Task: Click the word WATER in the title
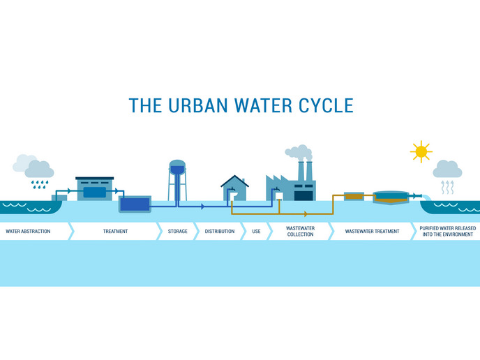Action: [x=263, y=105]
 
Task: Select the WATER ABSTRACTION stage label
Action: [x=28, y=232]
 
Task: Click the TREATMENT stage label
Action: [x=115, y=232]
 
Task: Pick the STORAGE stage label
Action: [x=177, y=232]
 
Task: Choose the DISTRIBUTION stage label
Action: [x=220, y=232]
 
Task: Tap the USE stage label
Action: [x=257, y=232]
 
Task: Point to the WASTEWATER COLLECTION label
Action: [x=300, y=232]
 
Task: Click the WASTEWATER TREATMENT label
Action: [x=373, y=232]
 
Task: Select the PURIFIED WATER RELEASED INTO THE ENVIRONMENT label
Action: [x=448, y=232]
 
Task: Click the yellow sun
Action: [x=421, y=151]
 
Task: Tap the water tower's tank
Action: [x=177, y=167]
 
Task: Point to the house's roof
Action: [x=235, y=181]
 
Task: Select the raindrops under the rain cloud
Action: [x=40, y=184]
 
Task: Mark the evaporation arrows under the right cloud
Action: [x=447, y=188]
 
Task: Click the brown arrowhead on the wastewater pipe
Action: [x=306, y=214]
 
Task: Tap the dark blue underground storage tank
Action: [x=135, y=204]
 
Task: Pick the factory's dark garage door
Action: [x=303, y=195]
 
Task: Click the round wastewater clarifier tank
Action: [x=391, y=197]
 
